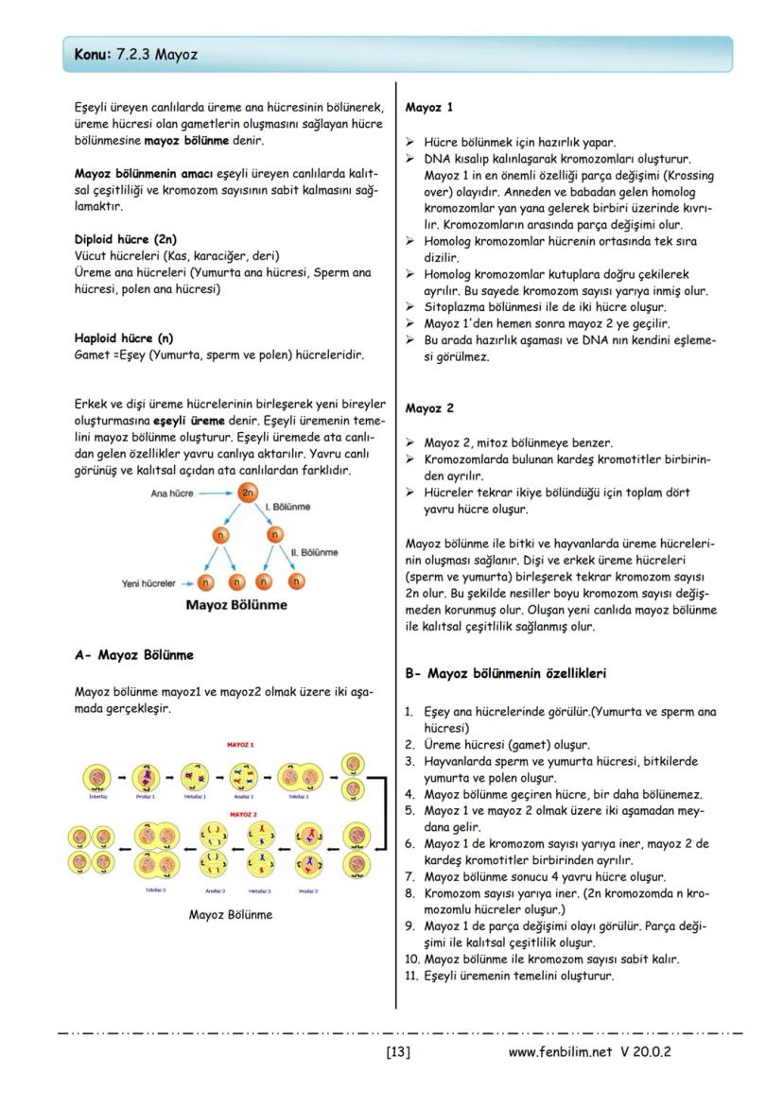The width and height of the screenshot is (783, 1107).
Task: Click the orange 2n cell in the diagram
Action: (248, 493)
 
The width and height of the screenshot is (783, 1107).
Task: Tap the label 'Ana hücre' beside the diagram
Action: (173, 493)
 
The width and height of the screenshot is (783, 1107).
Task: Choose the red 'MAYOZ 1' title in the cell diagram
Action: (241, 745)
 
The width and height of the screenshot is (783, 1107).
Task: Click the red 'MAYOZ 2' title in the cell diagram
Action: (243, 813)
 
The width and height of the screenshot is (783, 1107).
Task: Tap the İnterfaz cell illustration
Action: (98, 777)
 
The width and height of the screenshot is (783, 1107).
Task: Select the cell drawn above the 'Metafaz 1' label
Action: (195, 777)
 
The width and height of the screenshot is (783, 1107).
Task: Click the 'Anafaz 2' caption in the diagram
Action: (215, 891)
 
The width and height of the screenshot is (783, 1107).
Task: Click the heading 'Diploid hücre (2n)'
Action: (125, 239)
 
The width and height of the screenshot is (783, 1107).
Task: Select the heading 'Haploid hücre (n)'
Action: (123, 337)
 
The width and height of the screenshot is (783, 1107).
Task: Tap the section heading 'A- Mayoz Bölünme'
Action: (134, 654)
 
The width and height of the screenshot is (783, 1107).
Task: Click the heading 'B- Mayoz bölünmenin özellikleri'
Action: (505, 674)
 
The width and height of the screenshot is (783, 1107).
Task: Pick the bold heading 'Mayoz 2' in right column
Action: (429, 408)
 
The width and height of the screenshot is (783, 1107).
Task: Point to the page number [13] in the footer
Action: (397, 1051)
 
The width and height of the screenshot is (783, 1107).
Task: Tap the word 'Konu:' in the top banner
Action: (93, 56)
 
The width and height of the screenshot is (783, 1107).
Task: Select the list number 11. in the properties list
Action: (411, 976)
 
